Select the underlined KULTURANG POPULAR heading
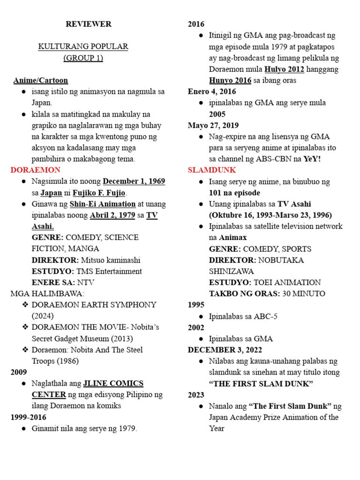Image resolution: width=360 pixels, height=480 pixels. coord(83,46)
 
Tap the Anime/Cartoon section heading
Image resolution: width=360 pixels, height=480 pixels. coord(40,80)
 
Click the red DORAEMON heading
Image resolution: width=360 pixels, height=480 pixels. coord(36,170)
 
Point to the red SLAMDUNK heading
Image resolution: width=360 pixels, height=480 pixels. coord(212,170)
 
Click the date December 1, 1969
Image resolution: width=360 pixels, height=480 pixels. coord(134,181)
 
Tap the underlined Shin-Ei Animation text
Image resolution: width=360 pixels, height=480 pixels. coord(103,204)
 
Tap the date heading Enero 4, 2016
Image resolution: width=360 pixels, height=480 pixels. coord(212,91)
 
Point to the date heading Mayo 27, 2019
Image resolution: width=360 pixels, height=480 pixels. coord(213,125)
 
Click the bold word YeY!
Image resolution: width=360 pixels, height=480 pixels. coord(312,158)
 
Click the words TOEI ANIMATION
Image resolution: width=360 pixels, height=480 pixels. coord(287,283)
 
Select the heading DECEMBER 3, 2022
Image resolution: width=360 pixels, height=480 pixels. coord(225,350)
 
